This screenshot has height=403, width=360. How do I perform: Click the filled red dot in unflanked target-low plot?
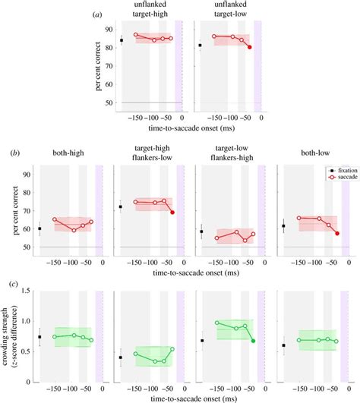[x=250, y=47]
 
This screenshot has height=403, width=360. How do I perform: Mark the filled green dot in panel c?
[x=253, y=341]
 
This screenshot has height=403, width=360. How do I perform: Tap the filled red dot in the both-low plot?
[x=336, y=233]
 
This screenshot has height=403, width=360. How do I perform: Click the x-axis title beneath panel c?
[x=186, y=397]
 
